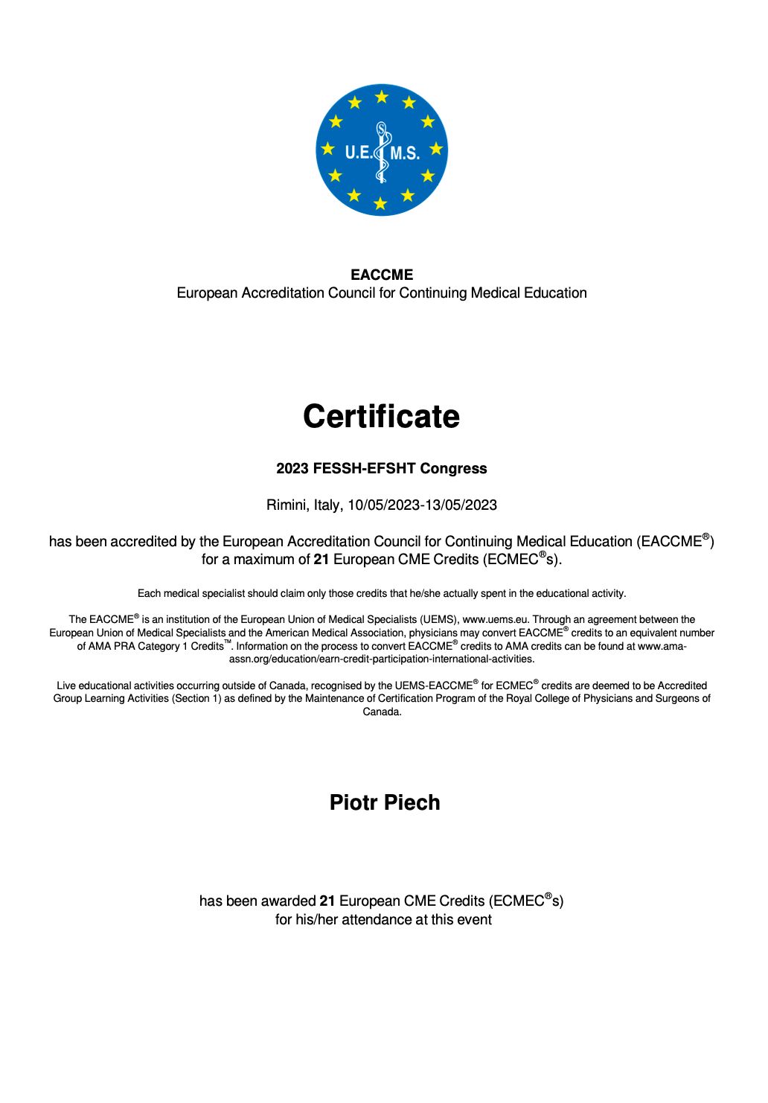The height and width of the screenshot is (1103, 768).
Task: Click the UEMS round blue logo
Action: tap(382, 150)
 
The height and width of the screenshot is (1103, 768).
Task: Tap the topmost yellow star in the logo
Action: tap(382, 97)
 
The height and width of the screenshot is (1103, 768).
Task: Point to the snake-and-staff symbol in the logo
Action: tap(382, 152)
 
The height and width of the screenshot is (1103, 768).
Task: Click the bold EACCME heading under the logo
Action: tap(382, 275)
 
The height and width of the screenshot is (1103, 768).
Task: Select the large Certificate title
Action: tap(381, 416)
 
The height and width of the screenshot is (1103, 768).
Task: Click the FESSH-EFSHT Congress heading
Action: tap(381, 469)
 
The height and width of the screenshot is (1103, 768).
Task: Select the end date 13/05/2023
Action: tap(461, 505)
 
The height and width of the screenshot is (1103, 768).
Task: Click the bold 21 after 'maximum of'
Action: tap(321, 560)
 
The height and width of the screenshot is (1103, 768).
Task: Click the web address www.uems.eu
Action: tap(495, 619)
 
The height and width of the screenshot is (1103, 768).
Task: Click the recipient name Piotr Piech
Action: tap(385, 803)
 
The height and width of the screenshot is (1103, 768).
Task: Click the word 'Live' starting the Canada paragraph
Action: tap(65, 685)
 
